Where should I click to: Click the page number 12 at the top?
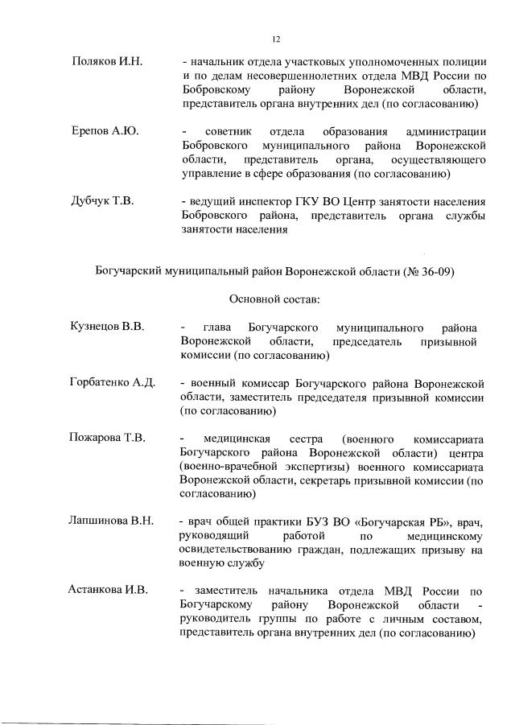(275, 38)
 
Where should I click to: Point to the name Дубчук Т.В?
(103, 200)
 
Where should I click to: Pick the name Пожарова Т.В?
(108, 438)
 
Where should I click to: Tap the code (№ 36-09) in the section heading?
(426, 271)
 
